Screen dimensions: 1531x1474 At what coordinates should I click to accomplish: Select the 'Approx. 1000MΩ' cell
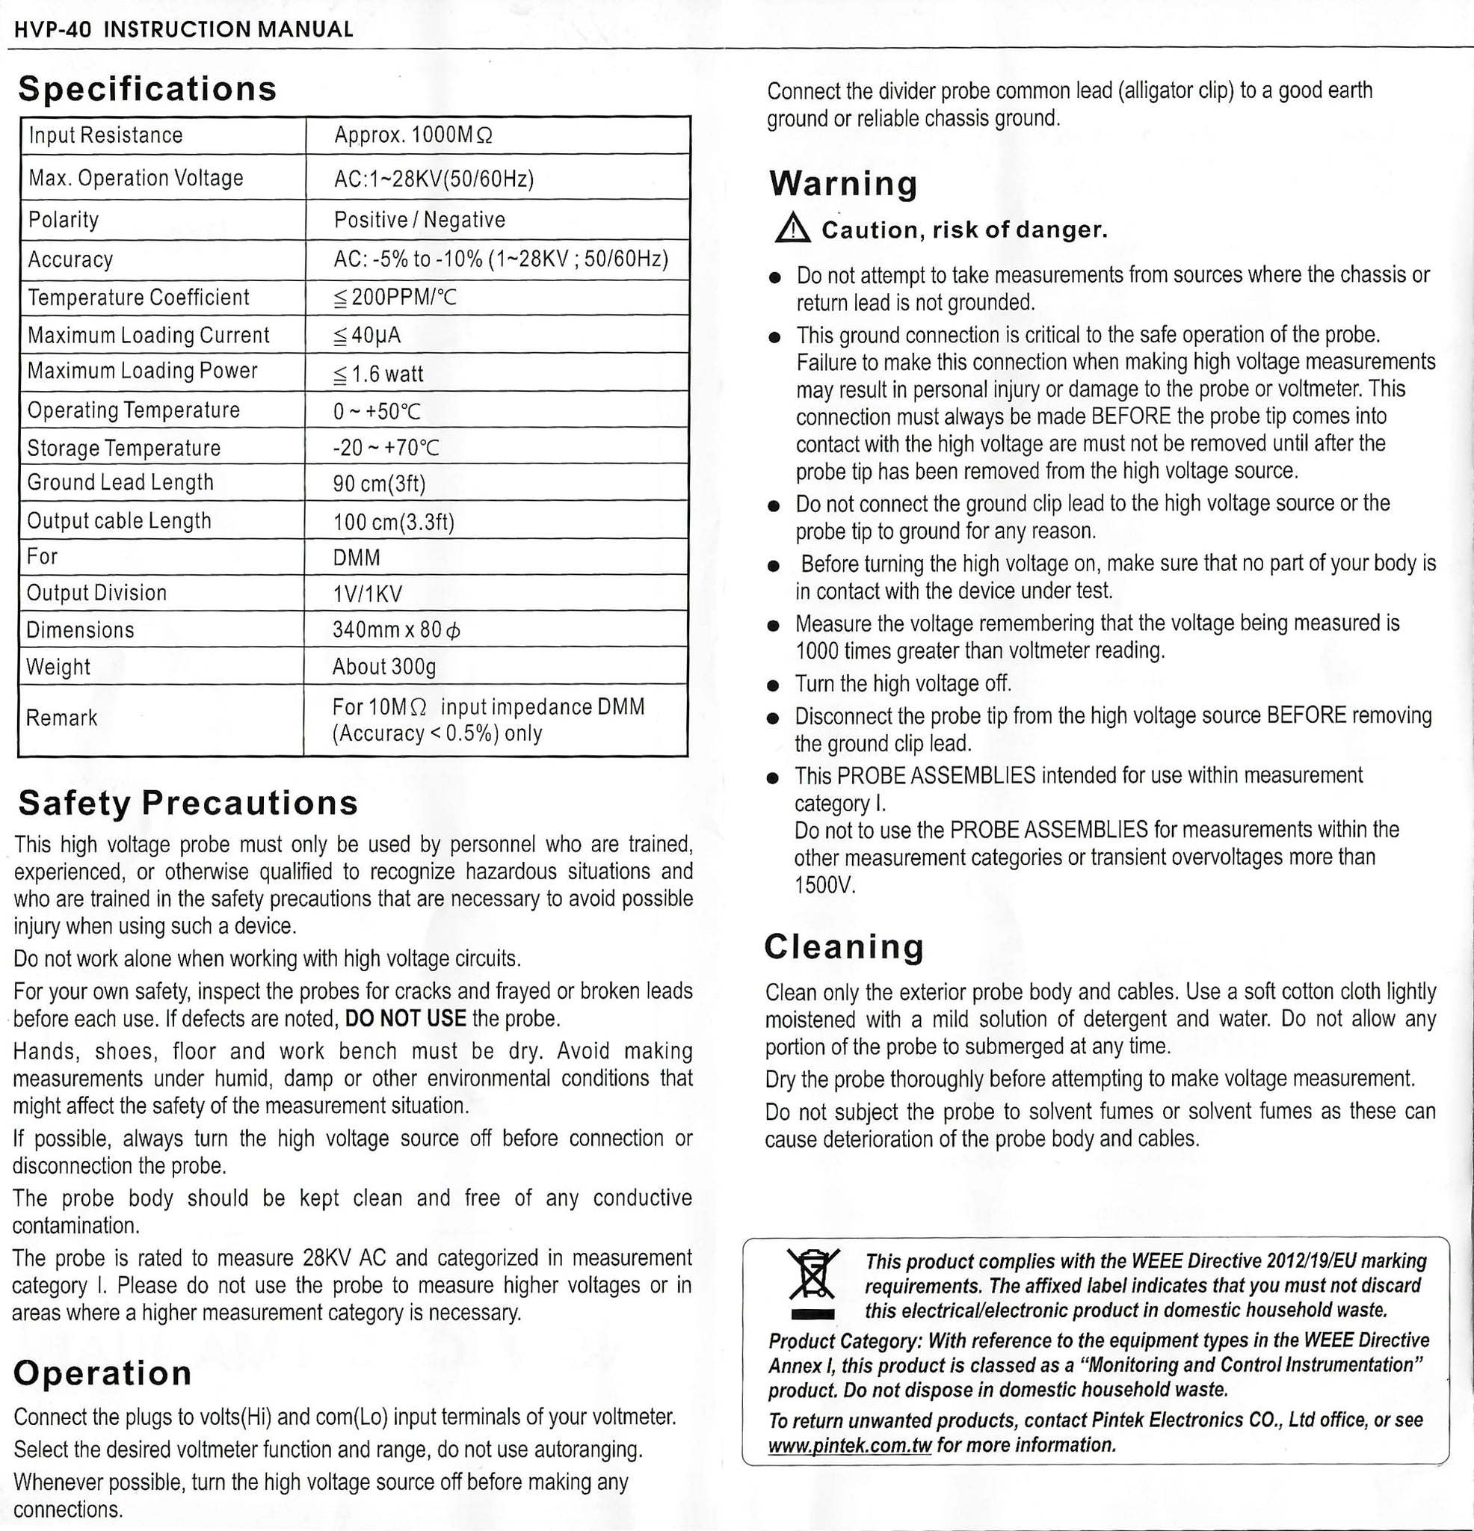413,136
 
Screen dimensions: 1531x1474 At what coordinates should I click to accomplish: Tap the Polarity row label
64,221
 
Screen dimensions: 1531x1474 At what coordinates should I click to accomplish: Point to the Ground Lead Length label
120,483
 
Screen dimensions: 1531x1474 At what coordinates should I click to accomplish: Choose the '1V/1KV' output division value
367,594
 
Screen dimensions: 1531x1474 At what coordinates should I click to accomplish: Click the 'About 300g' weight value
383,667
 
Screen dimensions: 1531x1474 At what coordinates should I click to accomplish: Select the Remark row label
62,718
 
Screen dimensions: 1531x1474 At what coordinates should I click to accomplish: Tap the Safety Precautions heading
188,803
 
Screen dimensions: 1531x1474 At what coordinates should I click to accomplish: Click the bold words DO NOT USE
405,1019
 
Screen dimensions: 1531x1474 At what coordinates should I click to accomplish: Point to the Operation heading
102,1373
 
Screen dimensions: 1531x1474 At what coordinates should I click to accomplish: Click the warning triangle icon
794,229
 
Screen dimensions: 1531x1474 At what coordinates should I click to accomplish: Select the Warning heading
843,185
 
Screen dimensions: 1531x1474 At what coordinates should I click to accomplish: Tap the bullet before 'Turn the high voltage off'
774,686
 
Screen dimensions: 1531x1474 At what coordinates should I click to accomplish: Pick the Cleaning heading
845,947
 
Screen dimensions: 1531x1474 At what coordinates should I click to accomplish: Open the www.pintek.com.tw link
850,1445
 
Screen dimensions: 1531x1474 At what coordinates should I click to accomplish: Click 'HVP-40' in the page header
53,30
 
